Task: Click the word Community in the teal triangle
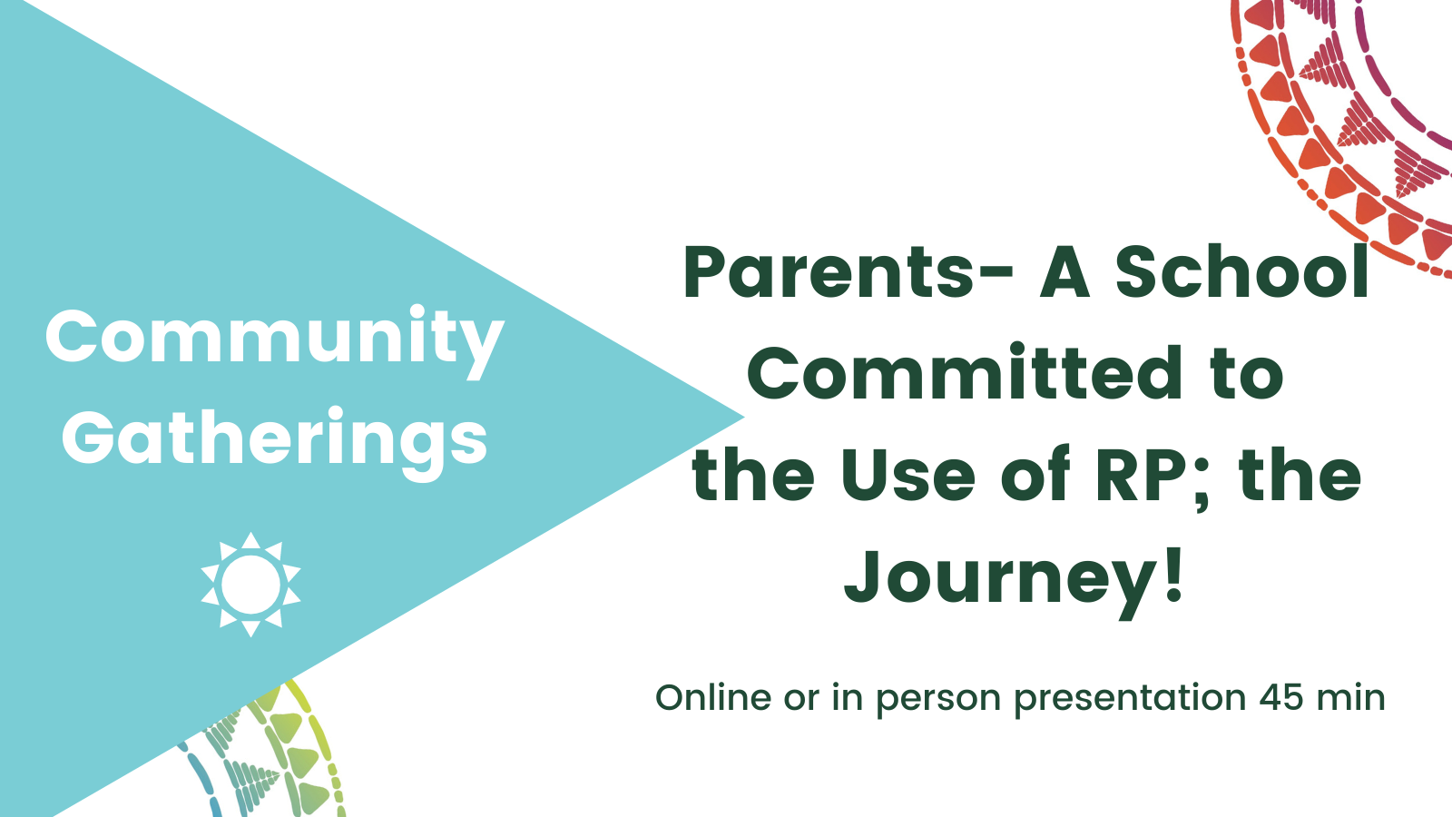(274, 340)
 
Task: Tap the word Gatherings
(274, 442)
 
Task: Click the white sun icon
(250, 585)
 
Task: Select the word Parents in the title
(829, 272)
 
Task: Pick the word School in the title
(1242, 271)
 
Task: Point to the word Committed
(965, 372)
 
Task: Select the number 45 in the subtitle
(1280, 698)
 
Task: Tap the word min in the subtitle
(1351, 698)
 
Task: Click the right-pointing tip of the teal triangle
(744, 418)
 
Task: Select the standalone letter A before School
(1064, 272)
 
